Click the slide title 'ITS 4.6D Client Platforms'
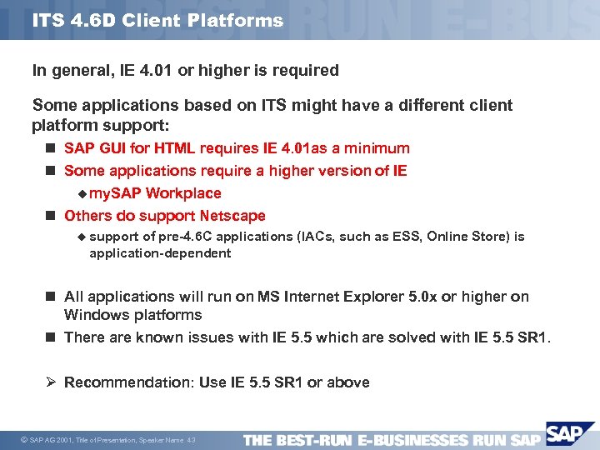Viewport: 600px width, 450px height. coord(157,21)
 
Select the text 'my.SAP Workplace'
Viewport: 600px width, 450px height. coord(155,193)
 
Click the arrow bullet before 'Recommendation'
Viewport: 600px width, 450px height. coord(50,382)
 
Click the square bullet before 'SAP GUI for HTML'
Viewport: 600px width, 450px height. coord(51,149)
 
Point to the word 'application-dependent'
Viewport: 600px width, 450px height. coord(160,253)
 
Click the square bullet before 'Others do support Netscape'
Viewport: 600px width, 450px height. coord(51,217)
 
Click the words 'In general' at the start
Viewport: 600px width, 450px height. coord(70,71)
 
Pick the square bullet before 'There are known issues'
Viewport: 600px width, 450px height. coord(51,337)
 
